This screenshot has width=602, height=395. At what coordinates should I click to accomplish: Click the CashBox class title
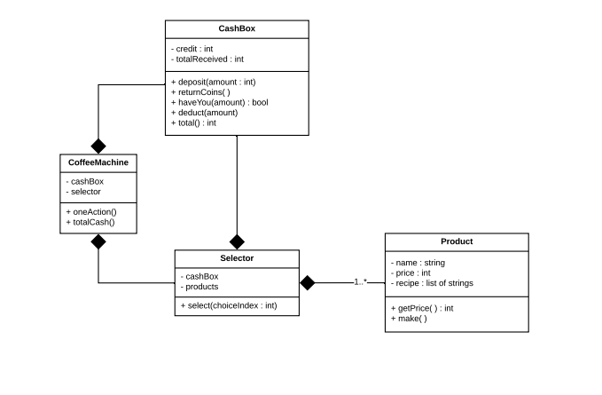tap(237, 28)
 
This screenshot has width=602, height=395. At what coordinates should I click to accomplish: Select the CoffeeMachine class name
tap(98, 162)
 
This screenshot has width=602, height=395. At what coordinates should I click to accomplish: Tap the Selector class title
tap(237, 258)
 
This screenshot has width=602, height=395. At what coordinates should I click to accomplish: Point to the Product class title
tap(457, 241)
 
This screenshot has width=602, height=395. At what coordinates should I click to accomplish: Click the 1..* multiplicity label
tap(361, 282)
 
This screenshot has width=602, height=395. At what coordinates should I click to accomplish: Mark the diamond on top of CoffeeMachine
tap(98, 146)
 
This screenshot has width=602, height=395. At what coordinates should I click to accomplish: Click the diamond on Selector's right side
tap(307, 283)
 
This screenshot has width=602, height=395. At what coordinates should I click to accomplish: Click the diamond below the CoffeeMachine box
tap(98, 241)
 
